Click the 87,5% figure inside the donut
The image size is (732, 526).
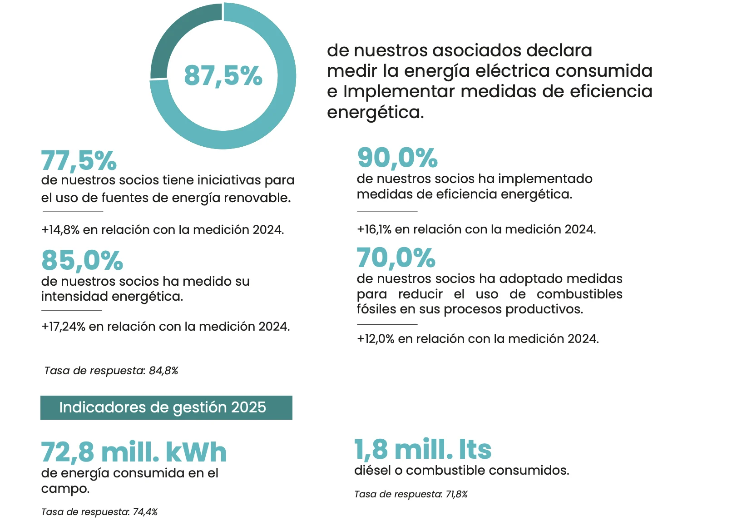(x=223, y=75)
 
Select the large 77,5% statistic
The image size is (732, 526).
(x=79, y=160)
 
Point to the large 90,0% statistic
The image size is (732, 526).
(x=397, y=158)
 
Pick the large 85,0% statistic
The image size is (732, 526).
(x=82, y=260)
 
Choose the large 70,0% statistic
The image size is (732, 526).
(x=396, y=258)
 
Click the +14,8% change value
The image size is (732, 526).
(x=60, y=230)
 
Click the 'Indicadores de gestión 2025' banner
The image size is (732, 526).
(x=166, y=407)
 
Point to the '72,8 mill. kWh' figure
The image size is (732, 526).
(x=134, y=452)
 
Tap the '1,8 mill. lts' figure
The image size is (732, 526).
(x=423, y=449)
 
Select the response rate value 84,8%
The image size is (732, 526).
(x=163, y=371)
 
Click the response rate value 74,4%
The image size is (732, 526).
(x=145, y=512)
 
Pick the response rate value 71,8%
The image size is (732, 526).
(x=456, y=494)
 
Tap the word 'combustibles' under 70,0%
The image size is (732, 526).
(x=579, y=294)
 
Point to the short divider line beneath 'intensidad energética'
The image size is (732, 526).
(x=71, y=311)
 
